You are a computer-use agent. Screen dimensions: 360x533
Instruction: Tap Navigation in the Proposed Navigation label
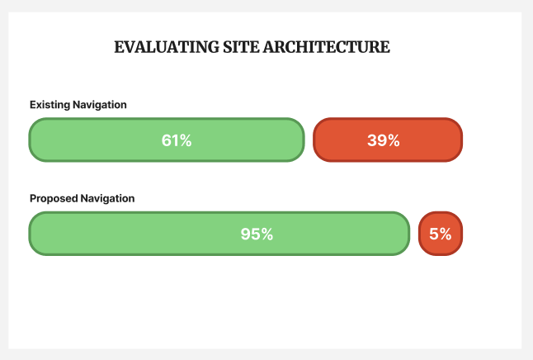tap(108, 199)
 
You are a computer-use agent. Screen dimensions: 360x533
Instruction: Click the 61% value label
tap(177, 140)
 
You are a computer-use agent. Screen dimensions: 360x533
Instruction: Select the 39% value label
tap(384, 140)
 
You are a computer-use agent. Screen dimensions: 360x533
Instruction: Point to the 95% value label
tap(257, 234)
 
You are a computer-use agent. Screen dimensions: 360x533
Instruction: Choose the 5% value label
tap(441, 234)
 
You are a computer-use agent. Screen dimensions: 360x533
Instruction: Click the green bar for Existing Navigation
tap(99, 140)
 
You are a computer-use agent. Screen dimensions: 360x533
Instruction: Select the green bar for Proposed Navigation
tap(124, 234)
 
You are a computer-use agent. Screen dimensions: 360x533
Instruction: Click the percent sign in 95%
tap(266, 234)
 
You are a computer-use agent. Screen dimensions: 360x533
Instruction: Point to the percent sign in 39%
tap(394, 140)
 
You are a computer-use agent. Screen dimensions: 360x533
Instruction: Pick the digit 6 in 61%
tap(167, 140)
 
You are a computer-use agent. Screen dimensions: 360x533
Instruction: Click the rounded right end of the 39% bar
tap(456, 140)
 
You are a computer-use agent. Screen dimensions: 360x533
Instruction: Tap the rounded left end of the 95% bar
tap(35, 234)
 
